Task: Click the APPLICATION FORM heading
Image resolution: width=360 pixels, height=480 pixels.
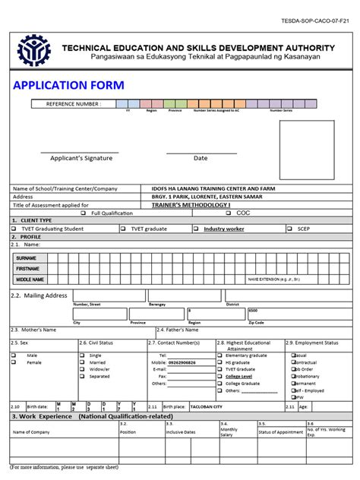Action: [69, 84]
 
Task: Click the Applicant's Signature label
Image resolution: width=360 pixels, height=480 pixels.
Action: [81, 158]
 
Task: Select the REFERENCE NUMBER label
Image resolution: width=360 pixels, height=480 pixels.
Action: [73, 103]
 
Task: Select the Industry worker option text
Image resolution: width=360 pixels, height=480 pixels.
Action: [223, 228]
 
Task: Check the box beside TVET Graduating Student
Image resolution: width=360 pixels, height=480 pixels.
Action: [14, 228]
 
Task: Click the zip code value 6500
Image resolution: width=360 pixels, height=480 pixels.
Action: [253, 311]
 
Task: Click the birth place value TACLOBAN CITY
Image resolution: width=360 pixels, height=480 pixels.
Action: [207, 406]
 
